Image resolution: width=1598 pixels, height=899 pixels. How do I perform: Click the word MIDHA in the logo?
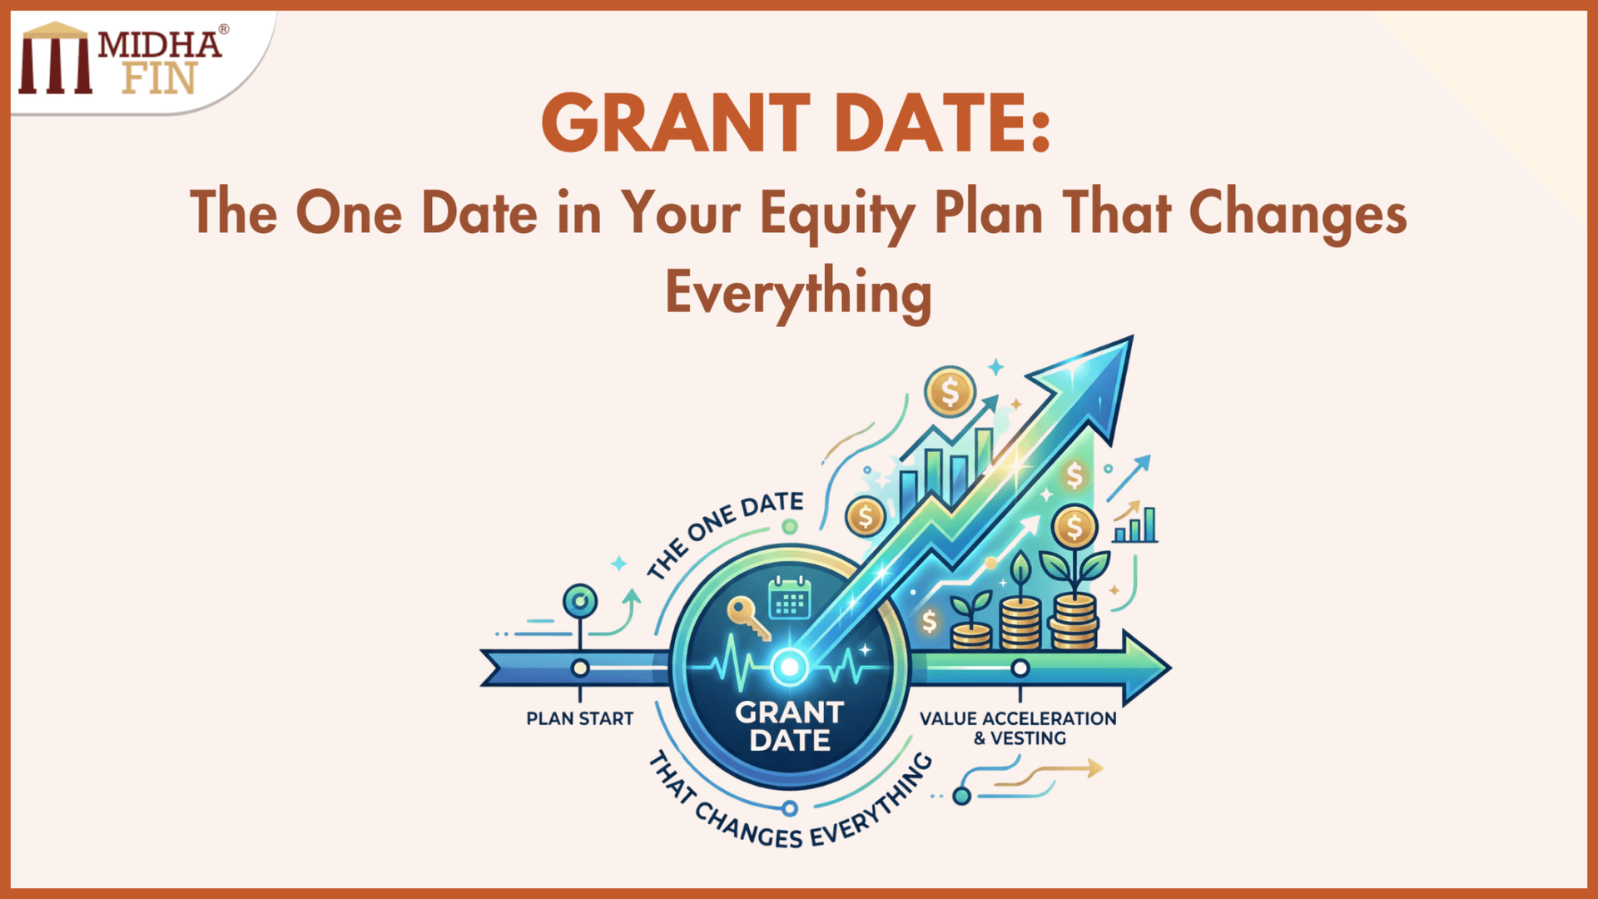pos(160,45)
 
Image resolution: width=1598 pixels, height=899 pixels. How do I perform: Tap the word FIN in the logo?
pos(159,79)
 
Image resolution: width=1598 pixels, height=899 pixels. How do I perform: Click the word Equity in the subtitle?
pos(837,214)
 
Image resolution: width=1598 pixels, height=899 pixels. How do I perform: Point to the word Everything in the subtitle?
pos(798,294)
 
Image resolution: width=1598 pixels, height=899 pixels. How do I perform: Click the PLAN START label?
pos(579,718)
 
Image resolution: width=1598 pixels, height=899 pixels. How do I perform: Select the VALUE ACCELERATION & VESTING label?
pos(1018,728)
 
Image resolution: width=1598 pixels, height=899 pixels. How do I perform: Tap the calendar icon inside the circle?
pos(789,599)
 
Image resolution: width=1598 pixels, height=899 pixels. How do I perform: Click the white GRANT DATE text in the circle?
pos(789,726)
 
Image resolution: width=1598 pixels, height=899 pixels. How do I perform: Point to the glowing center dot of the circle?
pos(788,667)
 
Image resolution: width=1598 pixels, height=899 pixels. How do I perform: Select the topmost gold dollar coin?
pos(950,390)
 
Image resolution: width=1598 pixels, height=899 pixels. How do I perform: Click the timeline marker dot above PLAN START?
pos(580,668)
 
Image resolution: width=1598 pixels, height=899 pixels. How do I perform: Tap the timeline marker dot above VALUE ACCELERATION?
pos(1020,668)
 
